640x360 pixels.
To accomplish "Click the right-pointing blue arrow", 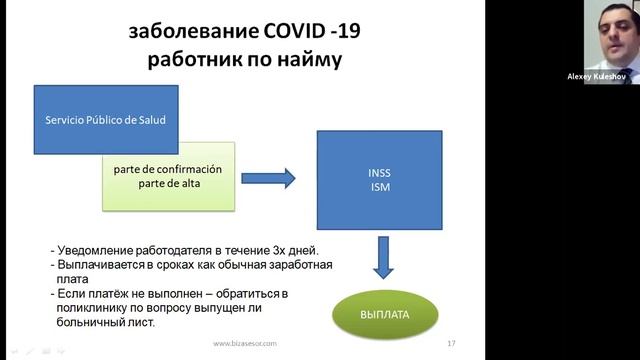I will click(x=269, y=178).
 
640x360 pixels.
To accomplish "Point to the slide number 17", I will click(x=451, y=344).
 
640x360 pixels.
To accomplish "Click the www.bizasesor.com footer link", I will click(x=243, y=344).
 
